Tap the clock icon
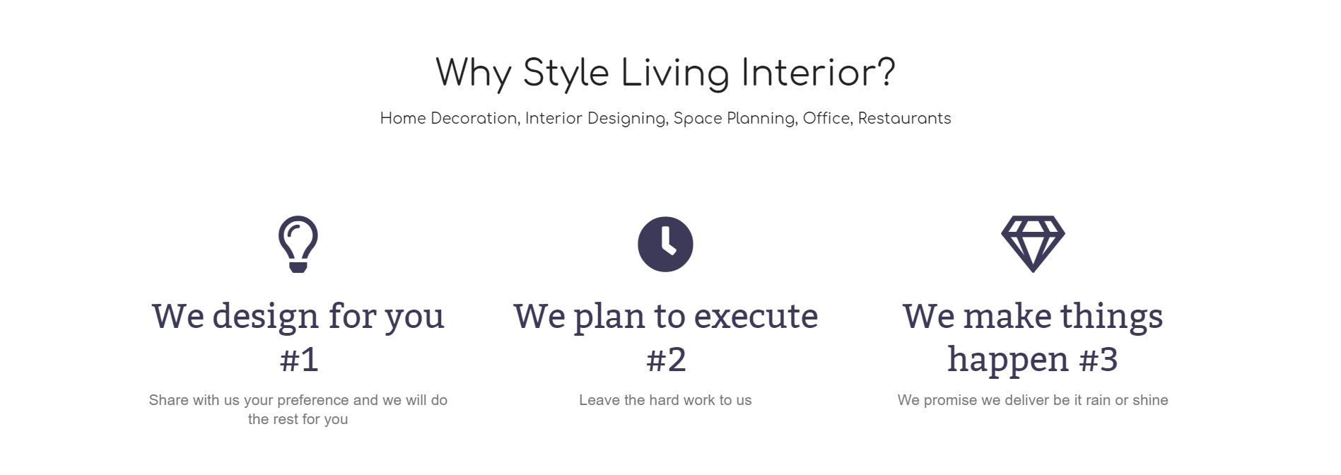click(x=665, y=244)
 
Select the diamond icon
click(x=1033, y=244)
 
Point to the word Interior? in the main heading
click(x=818, y=73)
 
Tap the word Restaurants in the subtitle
click(x=904, y=118)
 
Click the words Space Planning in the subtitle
click(x=735, y=119)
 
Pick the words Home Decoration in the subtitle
click(x=450, y=119)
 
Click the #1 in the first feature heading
click(x=298, y=360)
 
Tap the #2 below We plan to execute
click(x=666, y=360)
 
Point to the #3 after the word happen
click(x=1099, y=360)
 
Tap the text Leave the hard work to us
click(x=665, y=400)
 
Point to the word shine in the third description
click(x=1149, y=400)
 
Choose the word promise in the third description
click(x=955, y=401)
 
